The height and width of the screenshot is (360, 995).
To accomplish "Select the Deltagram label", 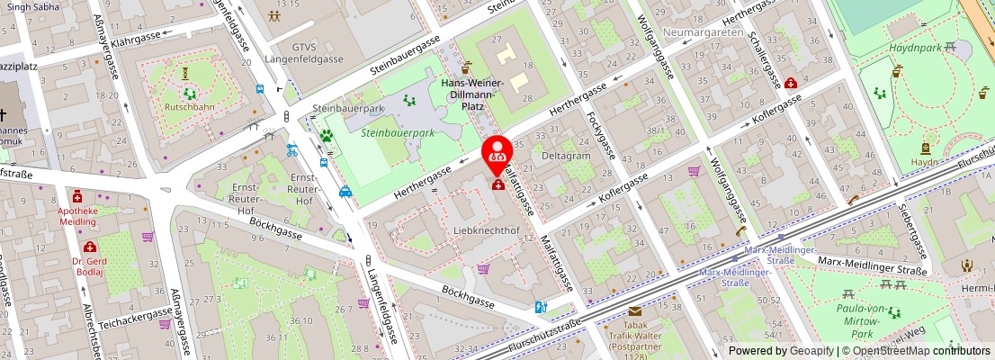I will coord(566,155).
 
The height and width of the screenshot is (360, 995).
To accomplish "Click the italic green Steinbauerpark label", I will coord(398,132).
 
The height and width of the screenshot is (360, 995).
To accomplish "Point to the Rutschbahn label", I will coord(189,106).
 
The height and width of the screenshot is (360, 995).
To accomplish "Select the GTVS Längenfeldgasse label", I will coord(305,52).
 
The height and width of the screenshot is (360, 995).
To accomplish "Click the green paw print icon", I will coord(325,137).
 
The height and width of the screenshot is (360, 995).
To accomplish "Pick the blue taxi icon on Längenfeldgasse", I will coord(345,191).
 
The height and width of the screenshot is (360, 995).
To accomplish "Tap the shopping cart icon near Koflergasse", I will coord(694,171).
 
